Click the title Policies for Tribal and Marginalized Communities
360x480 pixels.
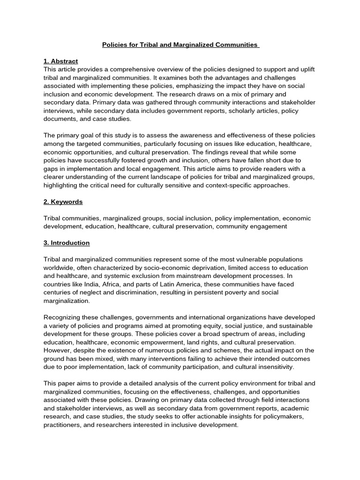180,45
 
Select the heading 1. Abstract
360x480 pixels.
60,61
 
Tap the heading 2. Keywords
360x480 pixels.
63,202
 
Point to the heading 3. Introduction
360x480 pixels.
66,243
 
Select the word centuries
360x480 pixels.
58,292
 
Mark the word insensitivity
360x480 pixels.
271,367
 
